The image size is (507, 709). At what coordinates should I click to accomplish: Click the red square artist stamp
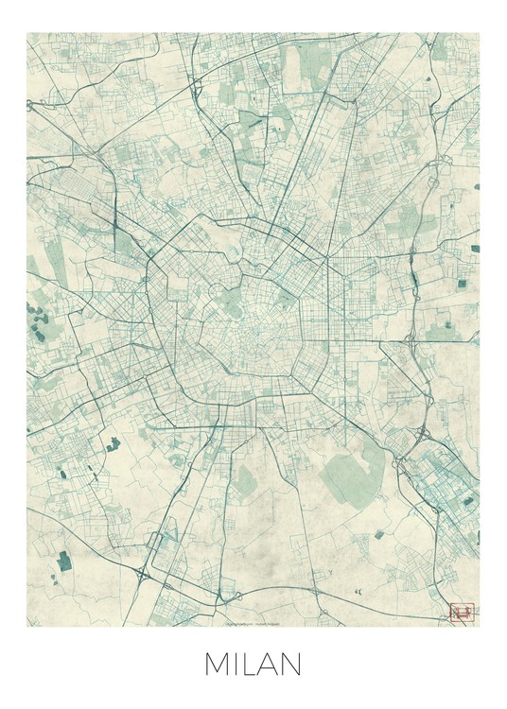pyautogui.click(x=462, y=613)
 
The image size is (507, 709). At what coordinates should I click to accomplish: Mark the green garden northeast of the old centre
pyautogui.click(x=284, y=300)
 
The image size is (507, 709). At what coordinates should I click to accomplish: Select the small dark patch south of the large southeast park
pyautogui.click(x=378, y=534)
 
